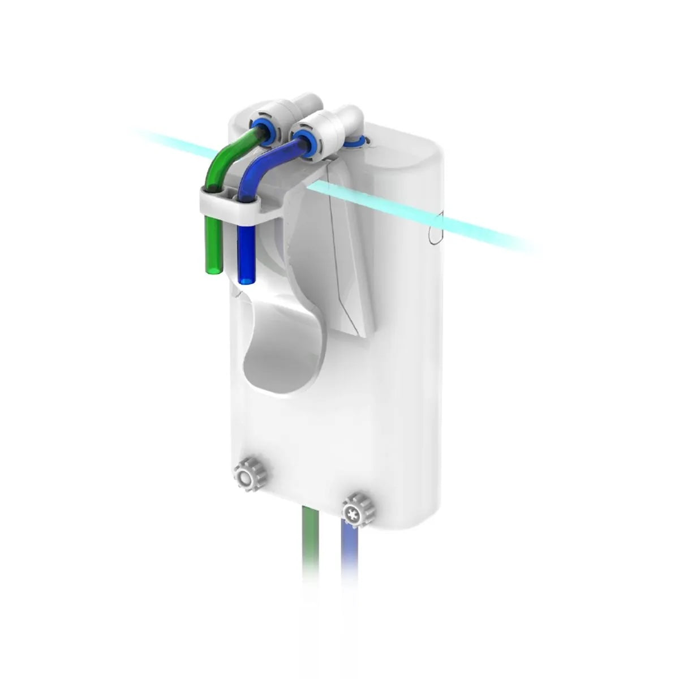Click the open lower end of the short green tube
tap(213, 270)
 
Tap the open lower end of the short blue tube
tap(247, 278)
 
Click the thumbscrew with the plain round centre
tap(244, 476)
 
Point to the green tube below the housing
tap(311, 543)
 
